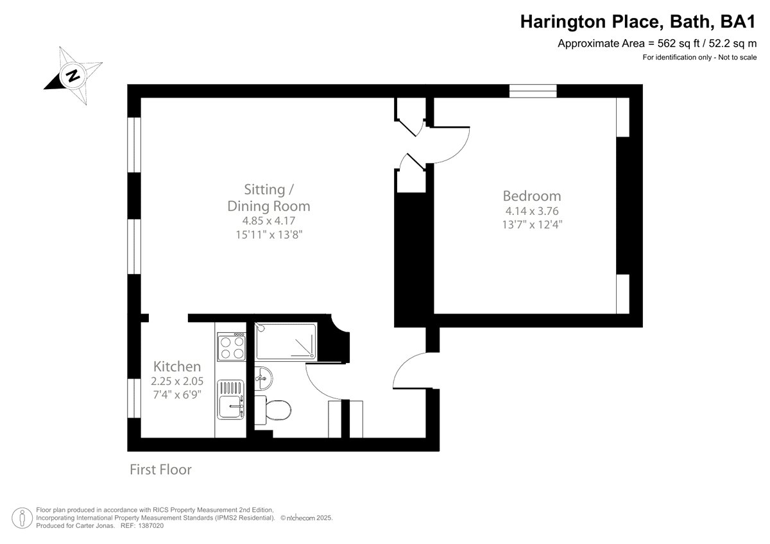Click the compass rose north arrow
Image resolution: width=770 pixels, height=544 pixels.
click(73, 75)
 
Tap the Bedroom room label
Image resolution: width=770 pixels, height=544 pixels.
click(531, 196)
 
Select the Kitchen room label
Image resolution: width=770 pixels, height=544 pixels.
click(176, 366)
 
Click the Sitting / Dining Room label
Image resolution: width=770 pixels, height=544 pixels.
click(268, 198)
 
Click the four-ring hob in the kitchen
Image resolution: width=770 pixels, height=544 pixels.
click(232, 347)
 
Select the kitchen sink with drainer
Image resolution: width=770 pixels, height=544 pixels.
click(231, 400)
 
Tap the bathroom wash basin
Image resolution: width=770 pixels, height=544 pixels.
click(264, 376)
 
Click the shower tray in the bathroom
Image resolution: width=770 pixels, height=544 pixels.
click(286, 341)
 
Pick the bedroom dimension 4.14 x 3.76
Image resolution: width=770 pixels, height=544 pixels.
click(531, 211)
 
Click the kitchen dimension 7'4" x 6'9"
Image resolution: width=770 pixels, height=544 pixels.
click(176, 394)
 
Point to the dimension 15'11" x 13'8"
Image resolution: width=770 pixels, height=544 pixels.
click(268, 235)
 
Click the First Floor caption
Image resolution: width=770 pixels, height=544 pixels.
click(160, 470)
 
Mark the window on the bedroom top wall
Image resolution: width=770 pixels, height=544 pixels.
click(533, 91)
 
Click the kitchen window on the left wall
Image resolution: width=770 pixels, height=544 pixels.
click(134, 398)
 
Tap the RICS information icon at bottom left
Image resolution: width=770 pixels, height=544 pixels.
click(23, 516)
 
